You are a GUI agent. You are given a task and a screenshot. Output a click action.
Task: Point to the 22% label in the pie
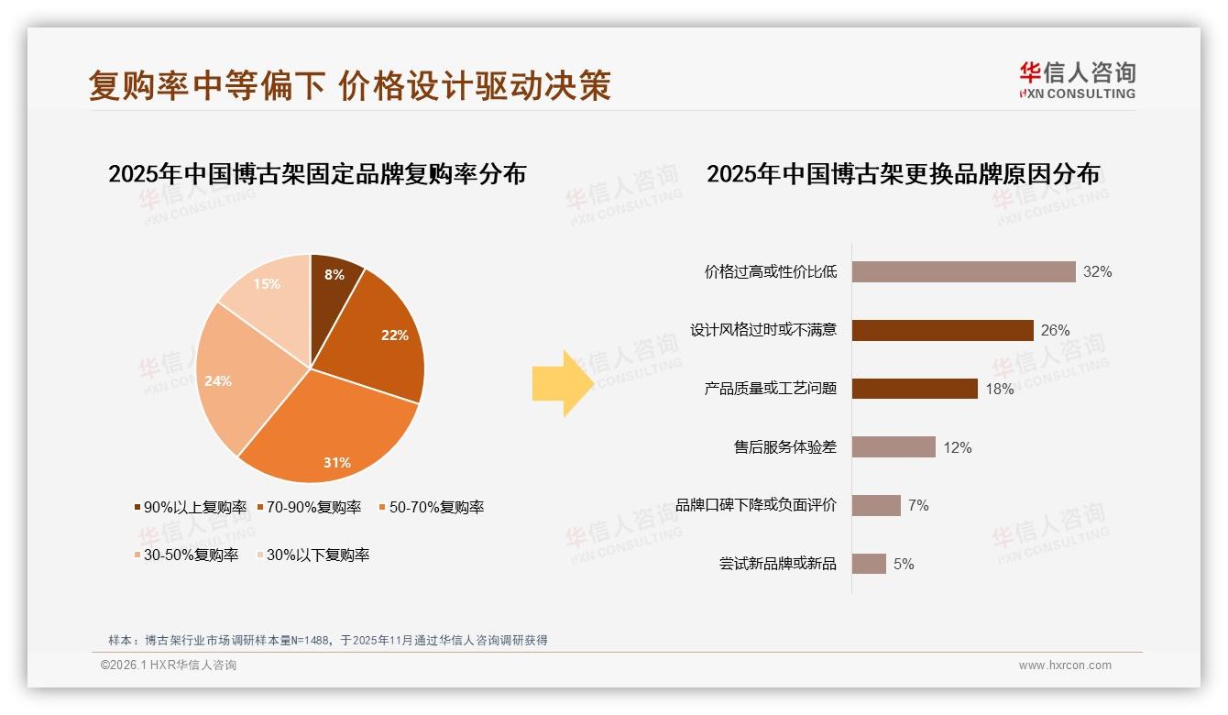coord(395,335)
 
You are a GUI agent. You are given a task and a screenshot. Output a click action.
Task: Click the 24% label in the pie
coord(218,381)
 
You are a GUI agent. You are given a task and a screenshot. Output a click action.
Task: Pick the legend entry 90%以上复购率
coord(191,507)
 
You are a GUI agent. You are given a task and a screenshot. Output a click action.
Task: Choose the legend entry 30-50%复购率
coord(186,555)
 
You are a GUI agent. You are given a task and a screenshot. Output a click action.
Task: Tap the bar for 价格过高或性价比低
coord(963,272)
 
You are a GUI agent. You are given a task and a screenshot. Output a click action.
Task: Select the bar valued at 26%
coord(942,330)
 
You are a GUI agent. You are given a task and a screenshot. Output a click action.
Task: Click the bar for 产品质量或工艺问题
coord(915,389)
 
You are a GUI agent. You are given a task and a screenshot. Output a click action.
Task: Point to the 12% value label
coord(958,447)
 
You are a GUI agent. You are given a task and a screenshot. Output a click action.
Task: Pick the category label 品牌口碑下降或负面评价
coord(756,505)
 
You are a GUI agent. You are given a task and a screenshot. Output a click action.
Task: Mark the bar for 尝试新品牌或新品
coord(869,564)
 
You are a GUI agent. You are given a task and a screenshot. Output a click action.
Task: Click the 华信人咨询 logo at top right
coord(1077,80)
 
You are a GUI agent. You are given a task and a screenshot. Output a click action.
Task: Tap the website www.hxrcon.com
coord(1065,665)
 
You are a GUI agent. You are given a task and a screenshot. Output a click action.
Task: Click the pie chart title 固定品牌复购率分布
coord(317,174)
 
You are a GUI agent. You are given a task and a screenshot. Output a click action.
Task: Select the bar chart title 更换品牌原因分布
coord(903,174)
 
